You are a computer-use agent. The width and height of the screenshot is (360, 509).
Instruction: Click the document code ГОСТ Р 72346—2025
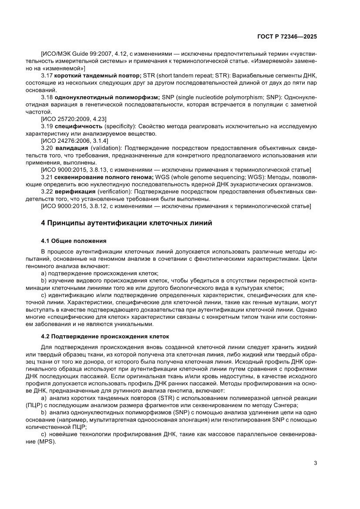click(x=286, y=37)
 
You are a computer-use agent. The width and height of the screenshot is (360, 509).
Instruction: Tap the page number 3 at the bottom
click(x=315, y=463)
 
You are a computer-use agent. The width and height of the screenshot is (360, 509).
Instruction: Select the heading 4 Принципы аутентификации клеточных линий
click(x=126, y=223)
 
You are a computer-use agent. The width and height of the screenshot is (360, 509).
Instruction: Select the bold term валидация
click(x=72, y=148)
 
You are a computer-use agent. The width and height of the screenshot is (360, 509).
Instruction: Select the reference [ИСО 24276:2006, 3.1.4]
click(x=74, y=141)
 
